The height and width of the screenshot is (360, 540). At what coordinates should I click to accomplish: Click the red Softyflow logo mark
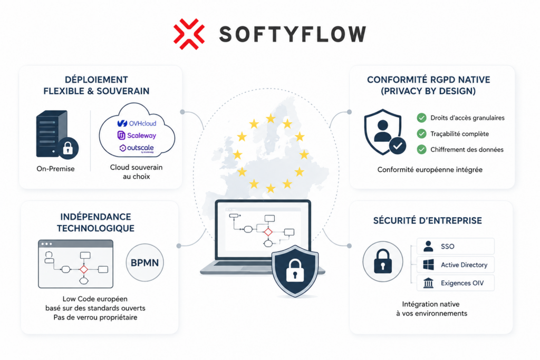coord(189,34)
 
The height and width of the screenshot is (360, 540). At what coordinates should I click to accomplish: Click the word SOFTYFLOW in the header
coord(292,34)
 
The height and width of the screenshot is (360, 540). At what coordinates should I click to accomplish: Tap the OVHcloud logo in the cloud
coord(137,123)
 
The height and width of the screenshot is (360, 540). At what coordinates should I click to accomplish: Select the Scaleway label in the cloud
coord(137,135)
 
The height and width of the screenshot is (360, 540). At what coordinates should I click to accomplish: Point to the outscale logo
coord(137,148)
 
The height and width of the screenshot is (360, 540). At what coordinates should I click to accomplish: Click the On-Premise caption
coord(55,169)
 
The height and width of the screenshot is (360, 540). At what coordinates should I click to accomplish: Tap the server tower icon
coord(52,134)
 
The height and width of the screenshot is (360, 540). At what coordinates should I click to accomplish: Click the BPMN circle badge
coord(144,262)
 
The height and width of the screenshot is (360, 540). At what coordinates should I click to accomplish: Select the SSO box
coord(455,247)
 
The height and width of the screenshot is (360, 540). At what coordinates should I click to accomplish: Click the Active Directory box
coord(455,265)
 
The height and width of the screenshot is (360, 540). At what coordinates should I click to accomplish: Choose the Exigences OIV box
coord(455,283)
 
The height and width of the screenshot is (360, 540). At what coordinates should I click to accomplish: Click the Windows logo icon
coord(428,265)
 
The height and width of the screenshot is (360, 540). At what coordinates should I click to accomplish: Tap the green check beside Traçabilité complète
coord(421,133)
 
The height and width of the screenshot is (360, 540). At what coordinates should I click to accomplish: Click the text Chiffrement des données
coord(467,149)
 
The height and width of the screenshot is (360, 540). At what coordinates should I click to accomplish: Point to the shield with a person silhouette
coord(383,132)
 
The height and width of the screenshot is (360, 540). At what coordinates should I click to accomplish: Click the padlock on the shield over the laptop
coord(295,270)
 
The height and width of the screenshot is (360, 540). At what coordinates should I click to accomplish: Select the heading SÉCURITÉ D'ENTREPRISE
coord(428,221)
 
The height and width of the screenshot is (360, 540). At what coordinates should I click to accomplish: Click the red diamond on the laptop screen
coord(268,232)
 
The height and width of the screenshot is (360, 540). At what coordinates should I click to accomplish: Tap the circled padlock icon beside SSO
coord(383,261)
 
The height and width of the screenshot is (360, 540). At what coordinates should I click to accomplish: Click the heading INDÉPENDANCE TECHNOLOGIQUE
coord(96,222)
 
